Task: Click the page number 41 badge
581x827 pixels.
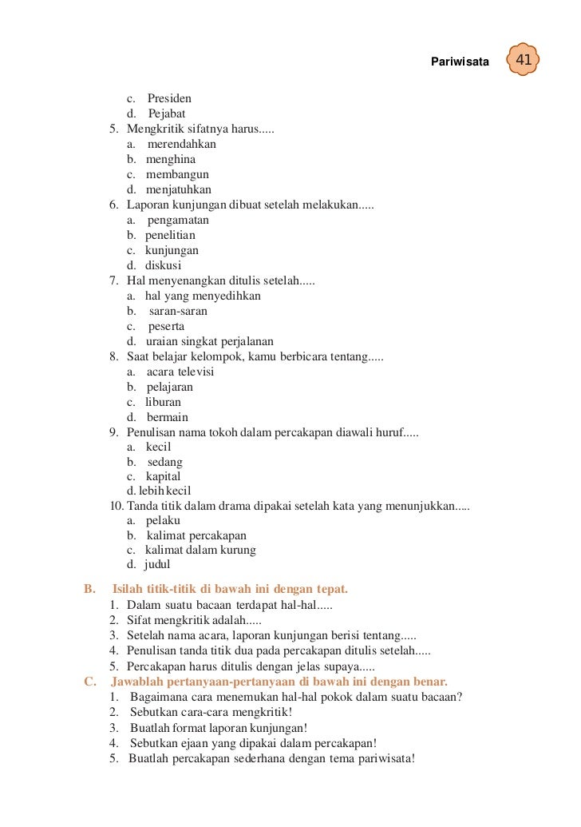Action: click(523, 61)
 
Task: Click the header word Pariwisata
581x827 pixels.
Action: click(460, 62)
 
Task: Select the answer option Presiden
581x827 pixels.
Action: click(169, 99)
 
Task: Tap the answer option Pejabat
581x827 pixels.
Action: click(167, 114)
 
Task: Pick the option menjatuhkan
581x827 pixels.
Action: click(178, 190)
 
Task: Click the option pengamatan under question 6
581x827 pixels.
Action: click(178, 221)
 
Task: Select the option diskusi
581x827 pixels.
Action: click(163, 266)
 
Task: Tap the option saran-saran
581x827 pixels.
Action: click(178, 312)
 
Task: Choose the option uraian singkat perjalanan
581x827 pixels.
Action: click(209, 342)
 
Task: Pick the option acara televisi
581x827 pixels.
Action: click(180, 372)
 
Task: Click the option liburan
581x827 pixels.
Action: click(163, 403)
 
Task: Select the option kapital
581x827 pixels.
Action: click(163, 477)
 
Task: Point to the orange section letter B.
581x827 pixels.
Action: click(89, 590)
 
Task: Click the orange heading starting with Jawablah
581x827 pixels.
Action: click(279, 682)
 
